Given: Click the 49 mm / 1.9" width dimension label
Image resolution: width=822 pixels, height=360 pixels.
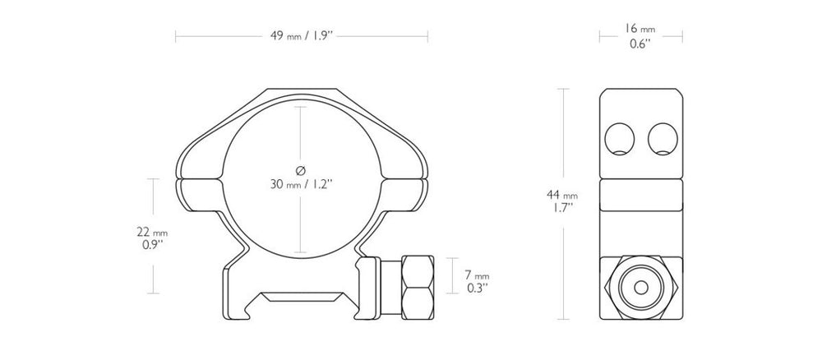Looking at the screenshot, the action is tap(302, 36).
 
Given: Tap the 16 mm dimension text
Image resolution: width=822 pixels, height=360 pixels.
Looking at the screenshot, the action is tap(640, 30).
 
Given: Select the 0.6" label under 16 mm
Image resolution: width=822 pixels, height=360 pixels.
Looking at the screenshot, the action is tap(640, 44).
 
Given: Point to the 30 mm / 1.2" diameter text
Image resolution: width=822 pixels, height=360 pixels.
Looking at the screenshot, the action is tap(302, 184).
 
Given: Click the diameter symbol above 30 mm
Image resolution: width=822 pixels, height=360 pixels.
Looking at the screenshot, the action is tap(301, 170).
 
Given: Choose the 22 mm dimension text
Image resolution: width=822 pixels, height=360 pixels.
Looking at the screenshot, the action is tap(152, 232).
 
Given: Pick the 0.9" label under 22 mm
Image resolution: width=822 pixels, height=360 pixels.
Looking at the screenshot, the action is tap(153, 245).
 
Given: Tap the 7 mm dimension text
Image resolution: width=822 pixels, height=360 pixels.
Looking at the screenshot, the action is tap(477, 275).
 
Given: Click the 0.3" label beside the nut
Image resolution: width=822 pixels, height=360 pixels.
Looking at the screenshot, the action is tap(477, 288).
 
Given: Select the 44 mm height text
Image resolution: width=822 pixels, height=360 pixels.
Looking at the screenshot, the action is tap(562, 195).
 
